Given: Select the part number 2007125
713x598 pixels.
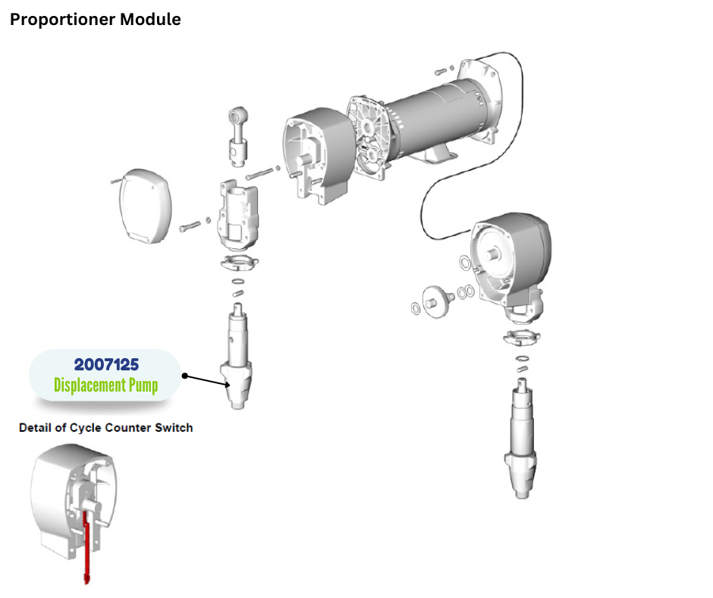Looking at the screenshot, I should click(x=106, y=365).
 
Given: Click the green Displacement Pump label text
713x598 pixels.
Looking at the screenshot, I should click(x=106, y=386).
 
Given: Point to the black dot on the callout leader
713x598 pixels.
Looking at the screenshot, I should click(x=184, y=375).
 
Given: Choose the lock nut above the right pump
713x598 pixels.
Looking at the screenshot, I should click(x=520, y=338).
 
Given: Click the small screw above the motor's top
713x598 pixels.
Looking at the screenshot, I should click(x=443, y=72).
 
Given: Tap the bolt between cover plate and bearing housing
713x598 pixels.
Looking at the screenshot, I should click(x=190, y=225).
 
